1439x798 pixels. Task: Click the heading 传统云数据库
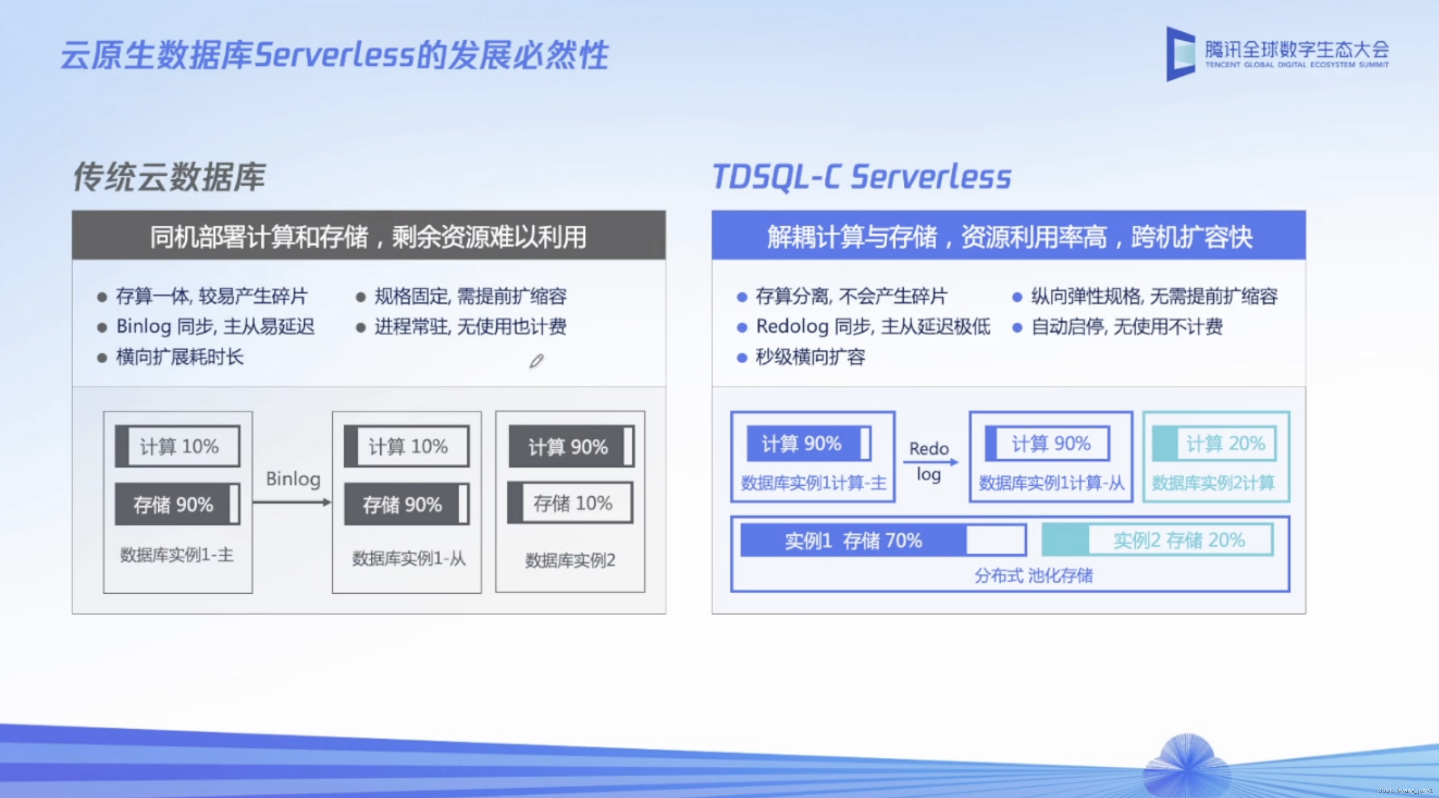coord(169,177)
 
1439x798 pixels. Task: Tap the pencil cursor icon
coord(536,361)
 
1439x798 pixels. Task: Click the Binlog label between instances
coord(293,479)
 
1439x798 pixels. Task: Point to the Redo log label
coord(929,462)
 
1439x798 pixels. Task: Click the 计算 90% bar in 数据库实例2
coord(571,447)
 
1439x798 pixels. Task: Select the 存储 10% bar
coord(570,503)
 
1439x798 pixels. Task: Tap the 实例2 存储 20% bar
coord(1157,540)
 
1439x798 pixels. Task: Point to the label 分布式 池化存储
coord(1034,576)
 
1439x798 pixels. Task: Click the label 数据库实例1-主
coord(177,555)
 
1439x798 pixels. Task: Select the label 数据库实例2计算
coord(1213,483)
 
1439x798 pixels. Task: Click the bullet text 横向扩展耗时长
coord(180,357)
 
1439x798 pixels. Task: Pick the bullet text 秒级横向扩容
coord(811,357)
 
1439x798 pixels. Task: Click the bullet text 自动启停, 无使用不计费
coord(1127,326)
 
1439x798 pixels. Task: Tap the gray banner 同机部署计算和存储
coord(369,235)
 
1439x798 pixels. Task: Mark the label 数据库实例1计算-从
coord(1051,483)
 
